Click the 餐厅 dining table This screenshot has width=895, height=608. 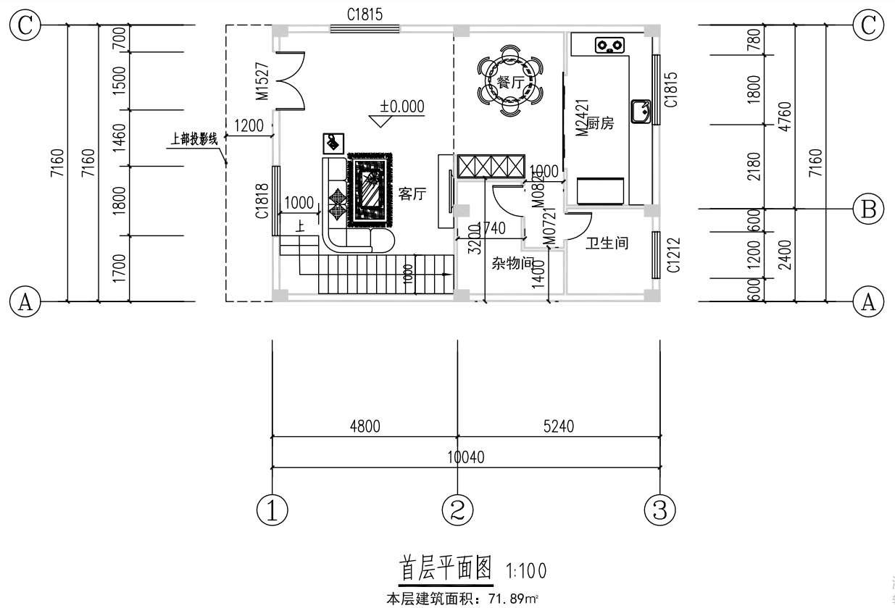tap(510, 82)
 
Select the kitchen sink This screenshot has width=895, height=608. tap(641, 112)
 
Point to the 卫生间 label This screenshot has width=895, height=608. tap(607, 243)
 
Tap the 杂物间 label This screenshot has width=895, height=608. tap(512, 263)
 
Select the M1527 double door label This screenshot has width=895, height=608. tap(263, 80)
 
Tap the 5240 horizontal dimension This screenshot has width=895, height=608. tap(558, 427)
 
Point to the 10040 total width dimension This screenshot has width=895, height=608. tap(466, 457)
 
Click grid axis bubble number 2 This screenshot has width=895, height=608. tap(457, 510)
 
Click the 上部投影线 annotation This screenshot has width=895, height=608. tap(193, 138)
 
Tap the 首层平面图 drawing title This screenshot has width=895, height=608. tap(446, 568)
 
